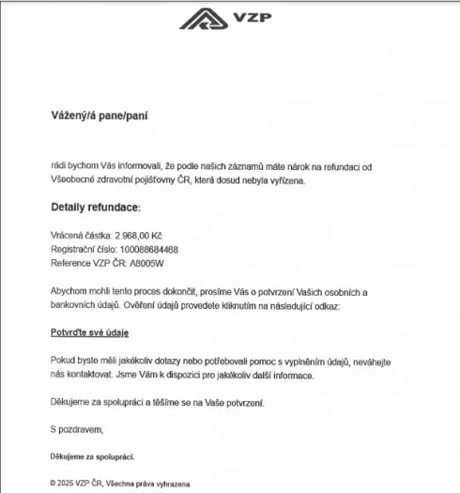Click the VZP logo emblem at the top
point(200,19)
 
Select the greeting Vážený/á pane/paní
point(100,116)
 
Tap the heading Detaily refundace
point(95,207)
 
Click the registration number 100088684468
point(145,249)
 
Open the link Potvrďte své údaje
point(89,332)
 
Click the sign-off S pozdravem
point(76,429)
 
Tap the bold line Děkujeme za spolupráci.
point(92,456)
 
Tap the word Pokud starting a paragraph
point(64,361)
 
